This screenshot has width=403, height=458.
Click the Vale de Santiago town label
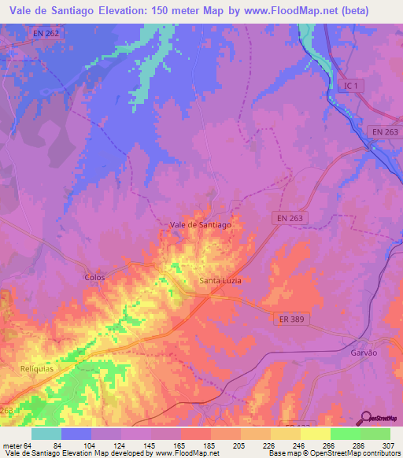tap(201, 224)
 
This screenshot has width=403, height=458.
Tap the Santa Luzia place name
tap(220, 281)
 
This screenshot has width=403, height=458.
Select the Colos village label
tap(94, 277)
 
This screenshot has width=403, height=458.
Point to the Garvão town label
tap(365, 353)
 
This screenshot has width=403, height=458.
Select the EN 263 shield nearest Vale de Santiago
tap(290, 217)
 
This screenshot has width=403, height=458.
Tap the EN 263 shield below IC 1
tap(385, 132)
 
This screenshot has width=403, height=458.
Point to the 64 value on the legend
tap(28, 445)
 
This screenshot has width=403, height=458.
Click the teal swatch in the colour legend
tap(46, 434)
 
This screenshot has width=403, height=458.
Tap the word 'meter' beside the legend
tap(12, 445)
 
